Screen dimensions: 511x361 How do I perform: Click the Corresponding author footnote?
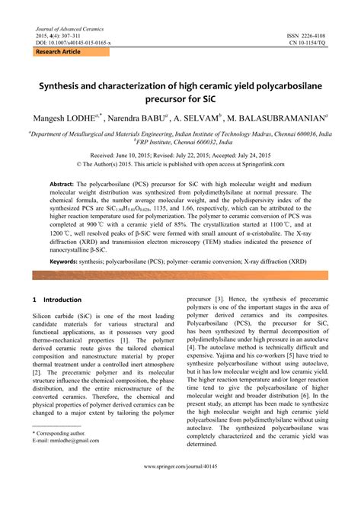click(60, 432)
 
